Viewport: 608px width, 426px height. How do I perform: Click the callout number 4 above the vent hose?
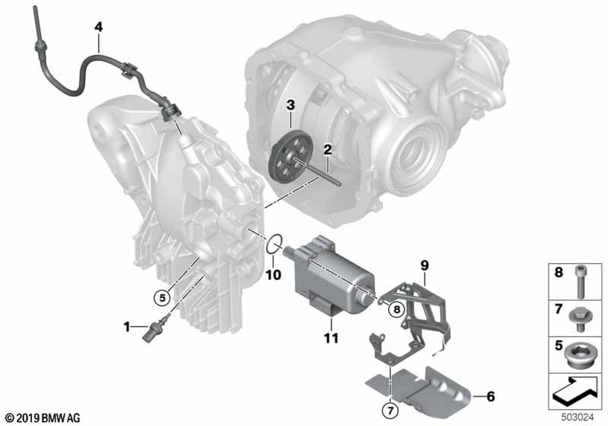tap(98, 27)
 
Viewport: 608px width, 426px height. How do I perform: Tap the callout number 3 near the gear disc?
tap(291, 105)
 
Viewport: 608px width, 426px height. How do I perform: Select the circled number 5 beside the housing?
tap(162, 298)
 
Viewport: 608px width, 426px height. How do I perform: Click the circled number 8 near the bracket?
tap(396, 309)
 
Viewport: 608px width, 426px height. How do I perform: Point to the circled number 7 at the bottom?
tap(390, 410)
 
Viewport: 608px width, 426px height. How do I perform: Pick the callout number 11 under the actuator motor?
tap(331, 338)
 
